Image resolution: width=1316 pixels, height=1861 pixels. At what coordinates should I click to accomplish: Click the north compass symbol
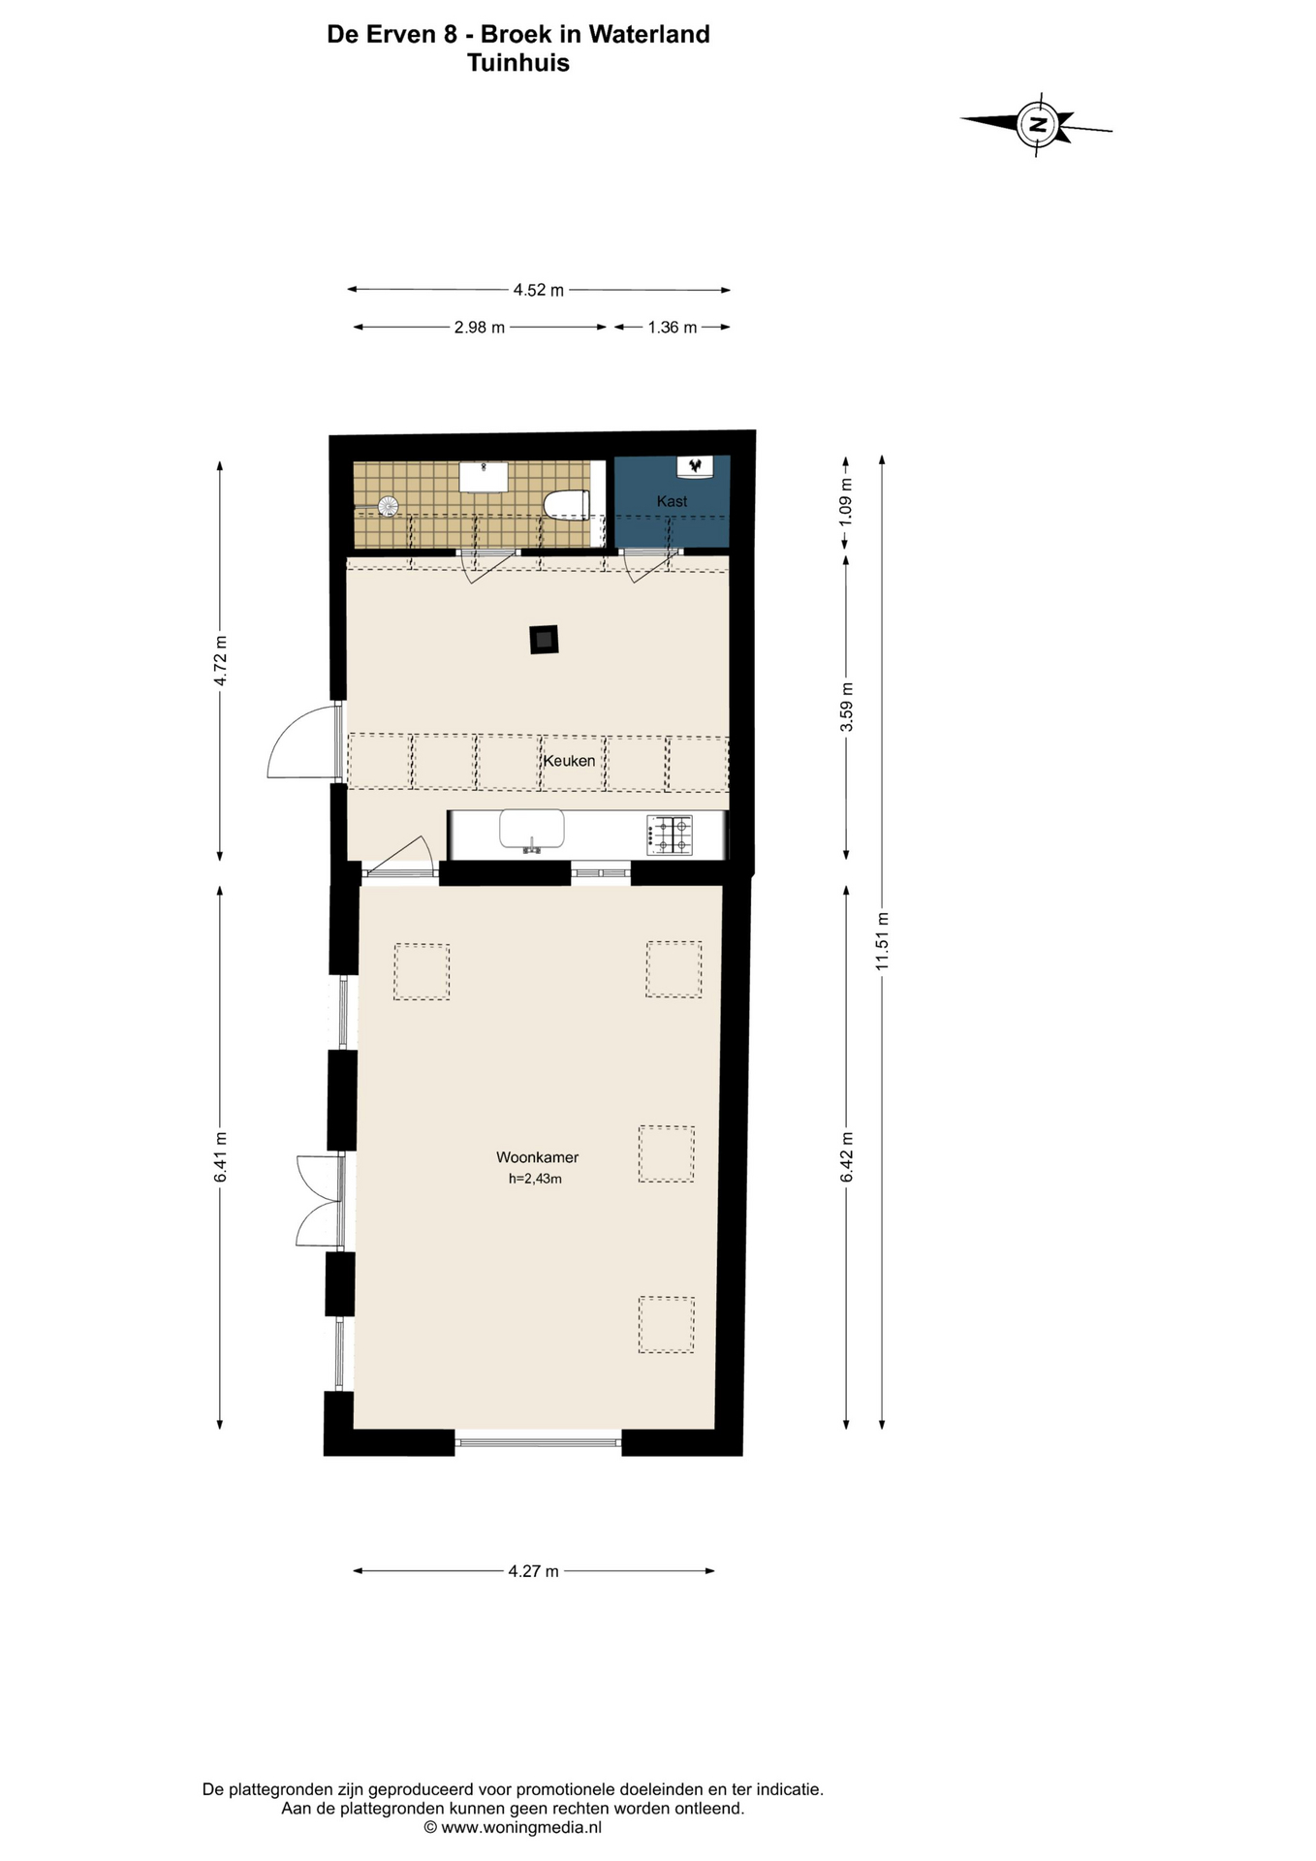[1038, 124]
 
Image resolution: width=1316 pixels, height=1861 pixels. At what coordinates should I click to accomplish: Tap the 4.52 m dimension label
[538, 290]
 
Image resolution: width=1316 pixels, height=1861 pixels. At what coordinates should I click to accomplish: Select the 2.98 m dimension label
[479, 328]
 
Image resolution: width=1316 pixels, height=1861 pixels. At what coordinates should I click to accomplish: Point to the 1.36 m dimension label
[672, 328]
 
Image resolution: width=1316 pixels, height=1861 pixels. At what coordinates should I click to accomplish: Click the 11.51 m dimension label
[881, 941]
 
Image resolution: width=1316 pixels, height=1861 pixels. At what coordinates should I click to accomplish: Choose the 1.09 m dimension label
[846, 502]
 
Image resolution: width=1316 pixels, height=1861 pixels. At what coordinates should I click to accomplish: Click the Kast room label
[672, 501]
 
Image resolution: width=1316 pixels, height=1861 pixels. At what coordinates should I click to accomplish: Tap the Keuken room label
[569, 761]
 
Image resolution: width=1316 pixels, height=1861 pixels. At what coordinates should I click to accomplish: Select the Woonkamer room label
[537, 1156]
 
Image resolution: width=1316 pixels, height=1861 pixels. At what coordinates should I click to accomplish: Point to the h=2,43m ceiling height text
[535, 1179]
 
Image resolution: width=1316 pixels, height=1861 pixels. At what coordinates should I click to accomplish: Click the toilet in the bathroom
[567, 505]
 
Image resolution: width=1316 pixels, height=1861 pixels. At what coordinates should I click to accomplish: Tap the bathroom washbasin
[483, 477]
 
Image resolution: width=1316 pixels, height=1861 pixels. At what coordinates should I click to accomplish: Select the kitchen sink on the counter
[531, 831]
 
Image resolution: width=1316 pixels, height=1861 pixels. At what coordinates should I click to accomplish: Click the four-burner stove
[670, 835]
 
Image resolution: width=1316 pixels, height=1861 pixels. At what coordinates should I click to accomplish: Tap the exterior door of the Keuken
[302, 743]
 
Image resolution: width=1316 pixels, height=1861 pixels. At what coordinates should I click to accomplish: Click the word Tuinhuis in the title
[517, 63]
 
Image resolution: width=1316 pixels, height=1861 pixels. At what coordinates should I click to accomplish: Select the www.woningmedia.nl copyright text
[513, 1827]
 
